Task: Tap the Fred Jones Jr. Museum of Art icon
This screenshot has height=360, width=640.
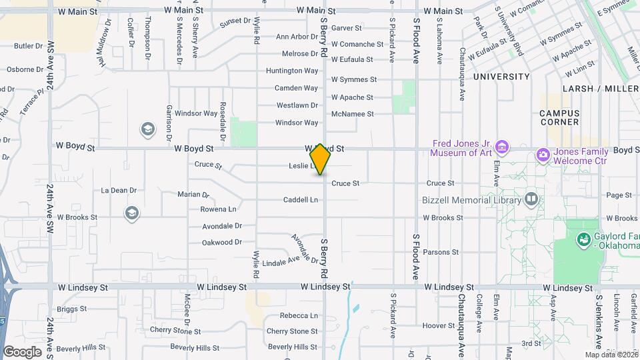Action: point(503,147)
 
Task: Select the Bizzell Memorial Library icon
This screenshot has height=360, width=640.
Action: point(531,199)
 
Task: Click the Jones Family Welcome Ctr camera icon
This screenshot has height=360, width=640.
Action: point(543,155)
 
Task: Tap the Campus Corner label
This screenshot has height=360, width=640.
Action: point(559,117)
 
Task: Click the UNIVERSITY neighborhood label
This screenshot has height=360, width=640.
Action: point(501,77)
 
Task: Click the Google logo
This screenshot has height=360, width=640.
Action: point(22,351)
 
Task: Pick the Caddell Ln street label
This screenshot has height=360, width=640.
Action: point(300,200)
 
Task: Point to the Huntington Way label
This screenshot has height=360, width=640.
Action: point(292,71)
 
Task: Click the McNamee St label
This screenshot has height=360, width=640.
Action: point(352,114)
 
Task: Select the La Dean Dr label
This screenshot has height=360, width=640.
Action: point(119,190)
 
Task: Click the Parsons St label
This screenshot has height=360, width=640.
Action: point(441,252)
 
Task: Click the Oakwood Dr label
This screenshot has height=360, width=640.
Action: point(221,242)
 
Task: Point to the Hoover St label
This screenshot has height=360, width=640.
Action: point(438,326)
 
